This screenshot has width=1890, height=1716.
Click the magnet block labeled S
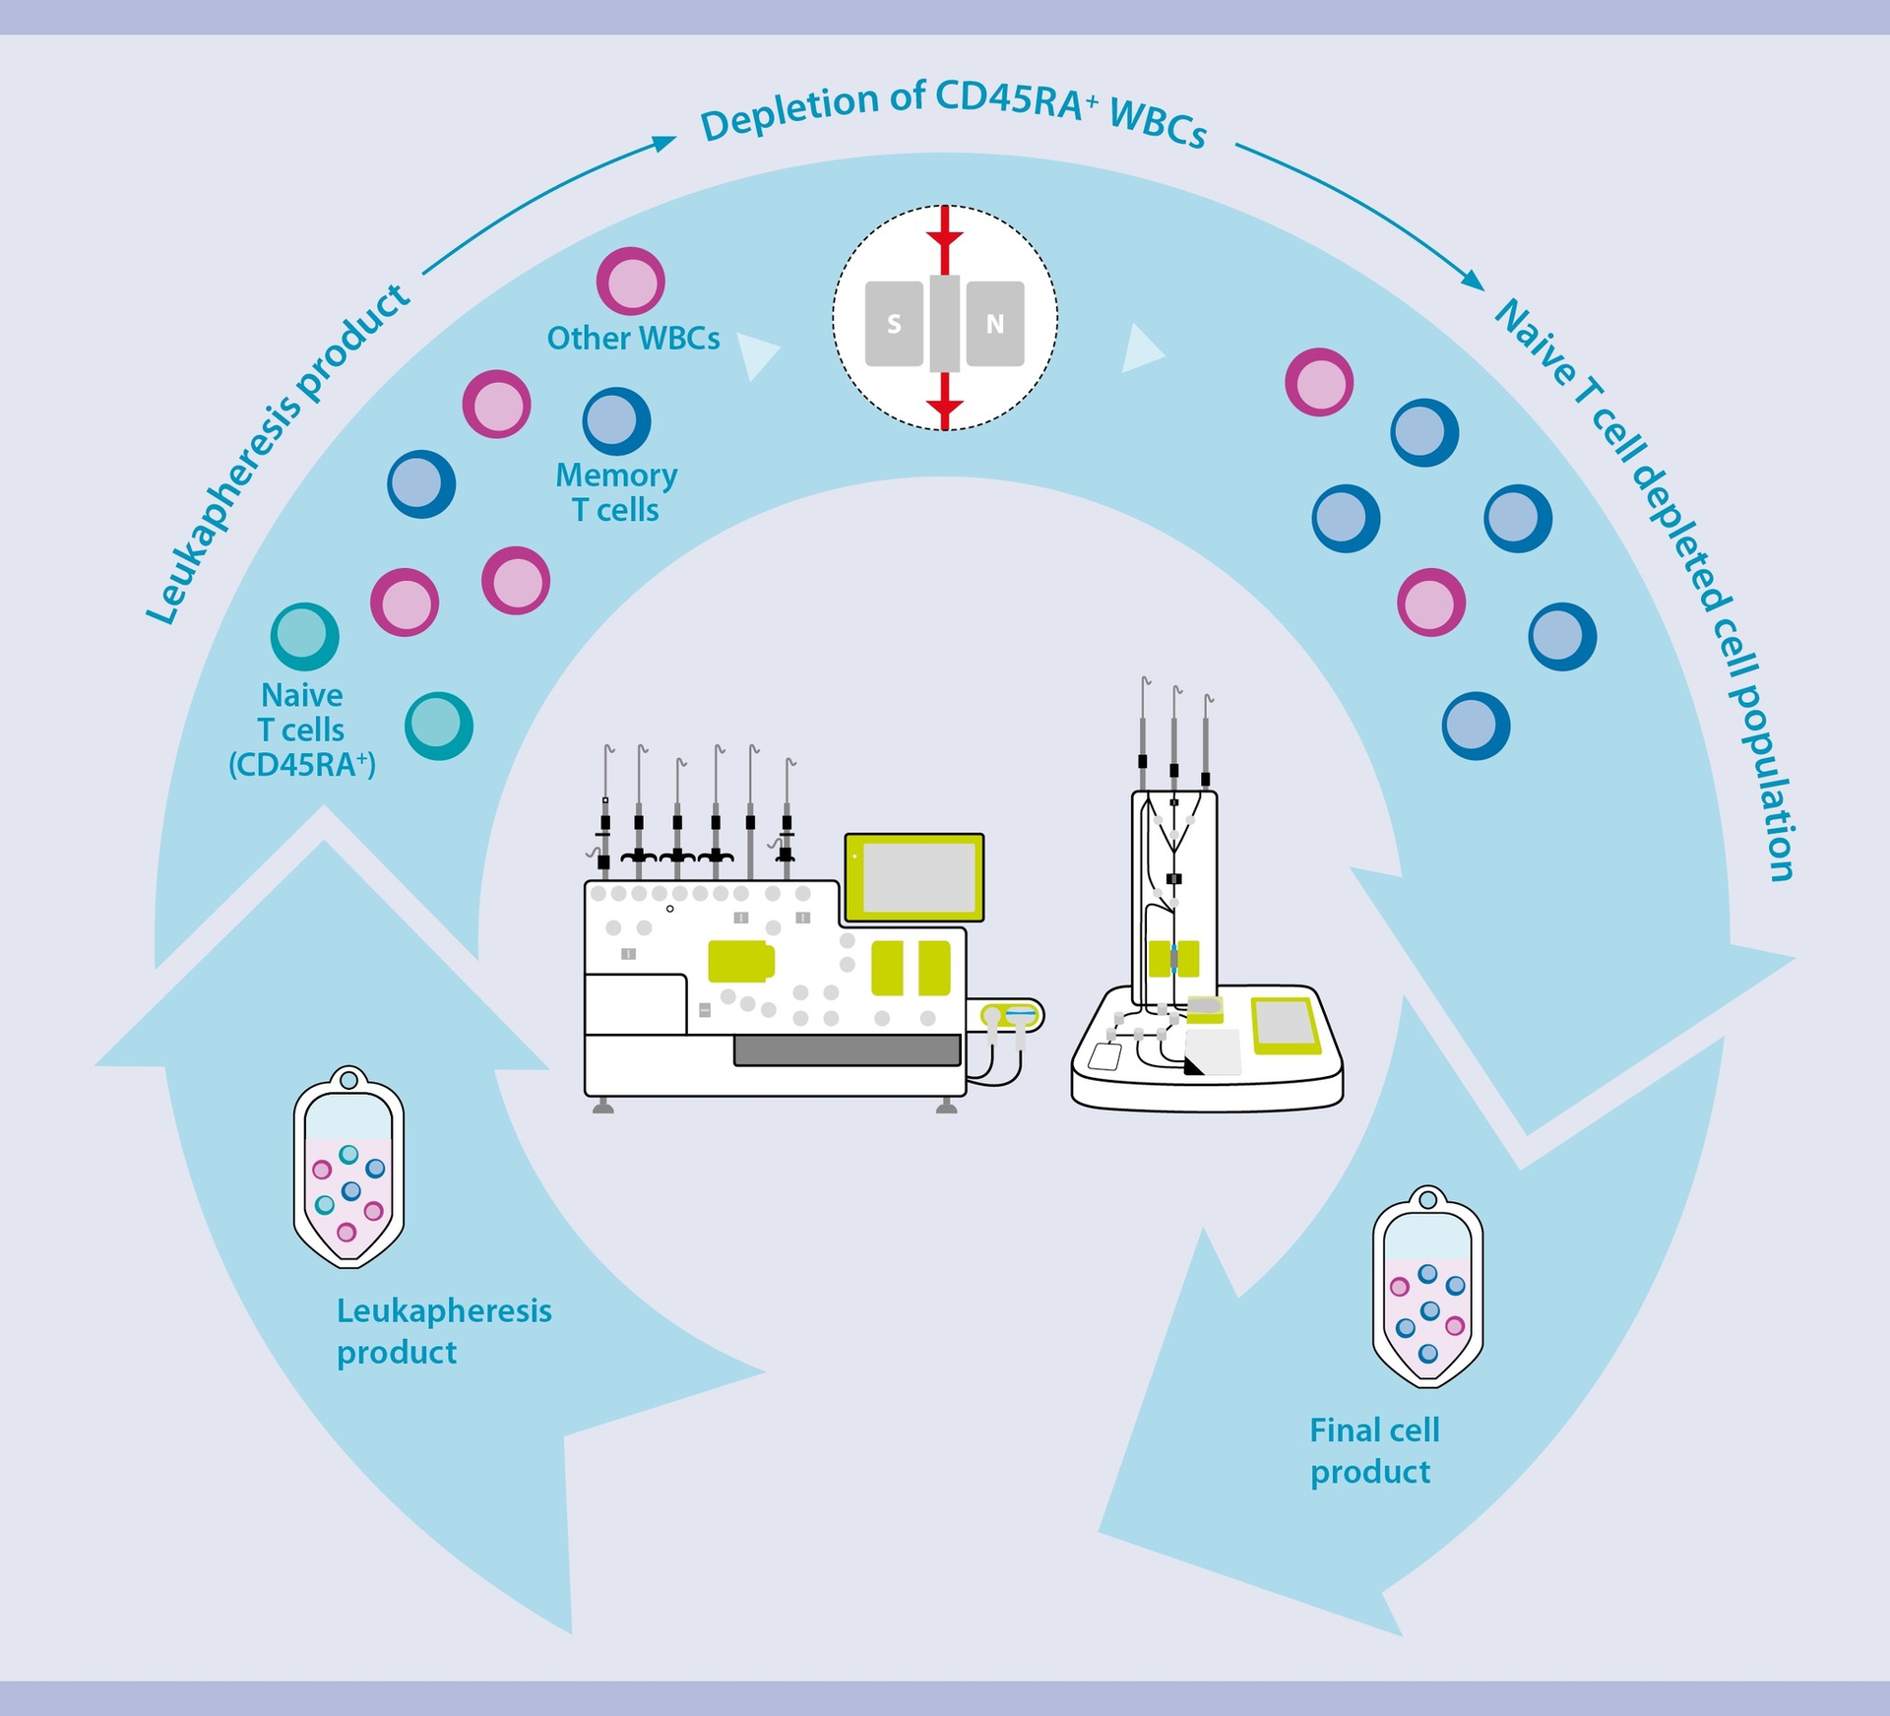pyautogui.click(x=894, y=324)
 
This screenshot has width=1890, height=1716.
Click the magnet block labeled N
pyautogui.click(x=995, y=324)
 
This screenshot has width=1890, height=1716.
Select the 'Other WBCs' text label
pyautogui.click(x=633, y=339)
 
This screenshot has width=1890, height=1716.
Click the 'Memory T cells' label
pyautogui.click(x=616, y=492)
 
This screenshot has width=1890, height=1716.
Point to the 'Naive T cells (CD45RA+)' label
pyautogui.click(x=302, y=730)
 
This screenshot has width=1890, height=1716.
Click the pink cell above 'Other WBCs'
pyautogui.click(x=630, y=282)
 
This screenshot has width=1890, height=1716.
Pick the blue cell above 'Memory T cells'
pyautogui.click(x=616, y=421)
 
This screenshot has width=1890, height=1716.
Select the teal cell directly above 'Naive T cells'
pyautogui.click(x=305, y=636)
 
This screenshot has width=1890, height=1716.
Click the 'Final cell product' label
pyautogui.click(x=1373, y=1451)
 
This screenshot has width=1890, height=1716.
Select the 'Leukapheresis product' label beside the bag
pyautogui.click(x=443, y=1331)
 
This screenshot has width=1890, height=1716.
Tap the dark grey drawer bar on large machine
pyautogui.click(x=847, y=1050)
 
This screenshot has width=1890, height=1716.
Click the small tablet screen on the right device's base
pyautogui.click(x=1283, y=1024)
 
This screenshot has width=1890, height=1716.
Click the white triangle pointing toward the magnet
pyautogui.click(x=759, y=355)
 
